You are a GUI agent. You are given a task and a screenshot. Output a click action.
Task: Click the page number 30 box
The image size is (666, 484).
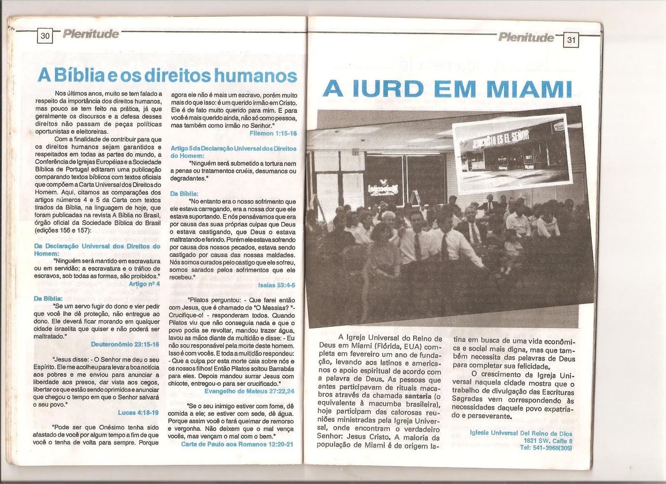[45, 36]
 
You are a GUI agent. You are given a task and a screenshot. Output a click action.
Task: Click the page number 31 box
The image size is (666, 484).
[571, 40]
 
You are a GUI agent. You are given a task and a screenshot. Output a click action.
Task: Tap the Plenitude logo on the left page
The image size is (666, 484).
[91, 34]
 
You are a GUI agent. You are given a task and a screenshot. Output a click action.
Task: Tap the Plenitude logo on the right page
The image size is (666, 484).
[526, 37]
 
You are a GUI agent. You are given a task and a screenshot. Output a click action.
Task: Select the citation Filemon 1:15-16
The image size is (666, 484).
[273, 134]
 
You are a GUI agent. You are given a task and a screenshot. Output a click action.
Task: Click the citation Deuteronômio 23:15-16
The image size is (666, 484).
[125, 345]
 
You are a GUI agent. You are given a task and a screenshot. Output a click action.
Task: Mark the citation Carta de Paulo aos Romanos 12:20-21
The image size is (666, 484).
[237, 444]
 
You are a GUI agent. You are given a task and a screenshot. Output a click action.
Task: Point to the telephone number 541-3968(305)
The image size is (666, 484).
[546, 448]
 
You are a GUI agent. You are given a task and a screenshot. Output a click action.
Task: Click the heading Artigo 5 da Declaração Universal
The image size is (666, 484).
[234, 152]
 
